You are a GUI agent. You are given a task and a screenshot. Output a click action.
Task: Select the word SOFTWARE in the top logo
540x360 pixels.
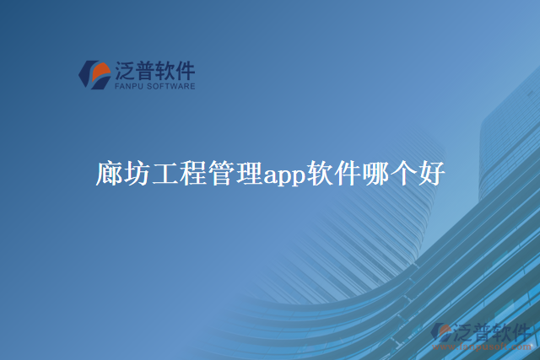click(x=171, y=86)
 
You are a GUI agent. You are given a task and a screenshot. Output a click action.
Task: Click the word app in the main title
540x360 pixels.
click(x=283, y=177)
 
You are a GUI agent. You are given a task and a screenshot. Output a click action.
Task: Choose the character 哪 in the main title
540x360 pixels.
click(x=374, y=175)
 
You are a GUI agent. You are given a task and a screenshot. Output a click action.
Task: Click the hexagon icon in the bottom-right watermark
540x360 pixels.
click(x=441, y=334)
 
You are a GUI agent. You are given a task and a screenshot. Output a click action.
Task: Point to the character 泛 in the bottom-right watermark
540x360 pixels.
click(x=465, y=331)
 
